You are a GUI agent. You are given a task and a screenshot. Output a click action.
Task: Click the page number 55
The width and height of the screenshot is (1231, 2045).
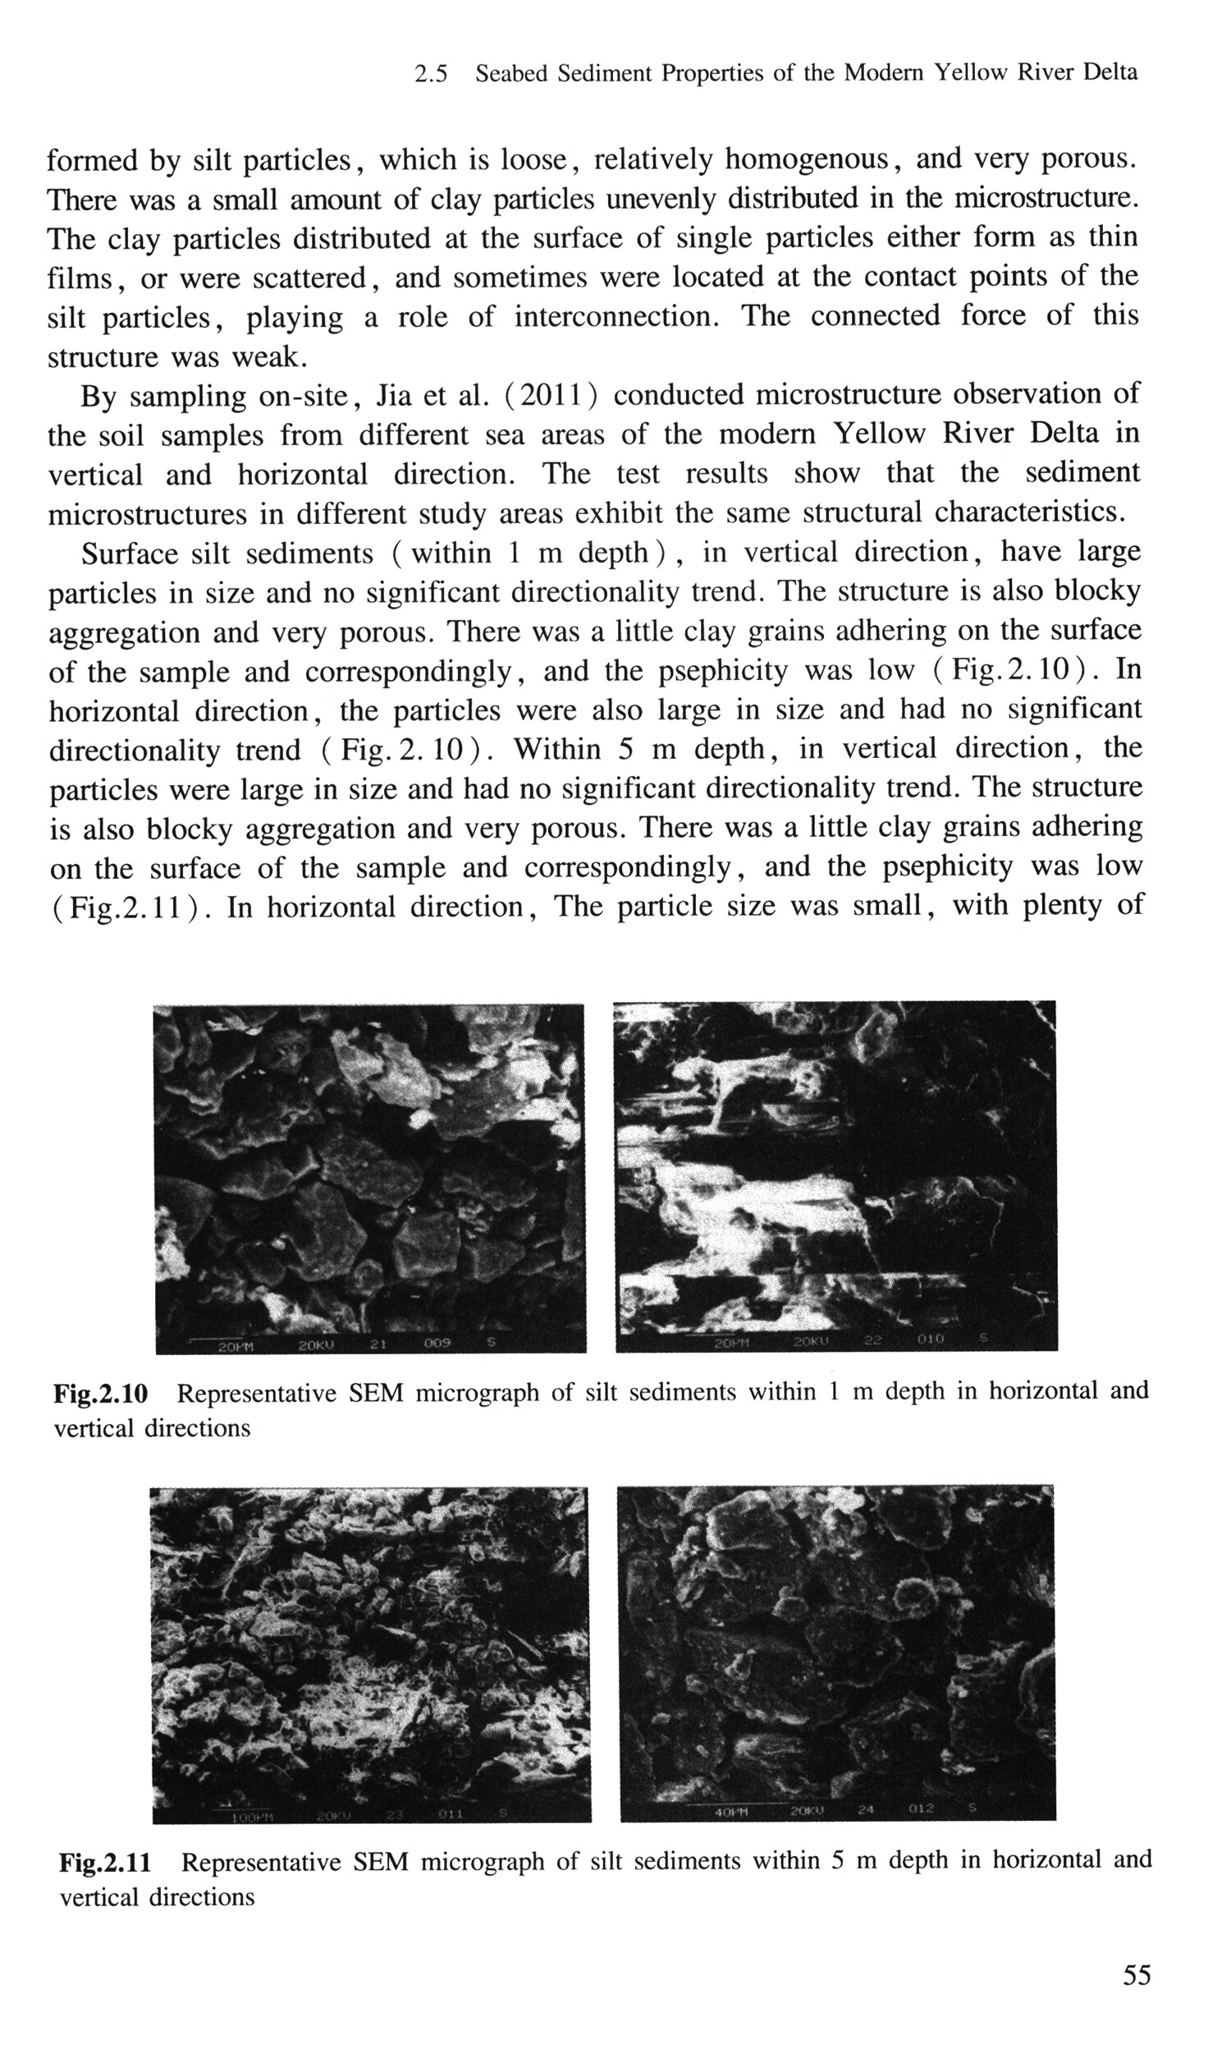point(1137,1974)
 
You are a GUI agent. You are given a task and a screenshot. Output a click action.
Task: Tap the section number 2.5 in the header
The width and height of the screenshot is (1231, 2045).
point(431,74)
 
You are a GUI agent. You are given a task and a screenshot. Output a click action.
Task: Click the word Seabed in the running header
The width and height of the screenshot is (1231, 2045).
point(511,74)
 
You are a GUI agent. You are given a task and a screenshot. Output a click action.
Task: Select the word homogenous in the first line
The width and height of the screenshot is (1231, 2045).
point(806,159)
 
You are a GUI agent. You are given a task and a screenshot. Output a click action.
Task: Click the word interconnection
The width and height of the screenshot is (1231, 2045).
point(616,318)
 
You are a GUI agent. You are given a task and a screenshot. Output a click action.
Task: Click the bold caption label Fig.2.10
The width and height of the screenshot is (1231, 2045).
point(100,1394)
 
